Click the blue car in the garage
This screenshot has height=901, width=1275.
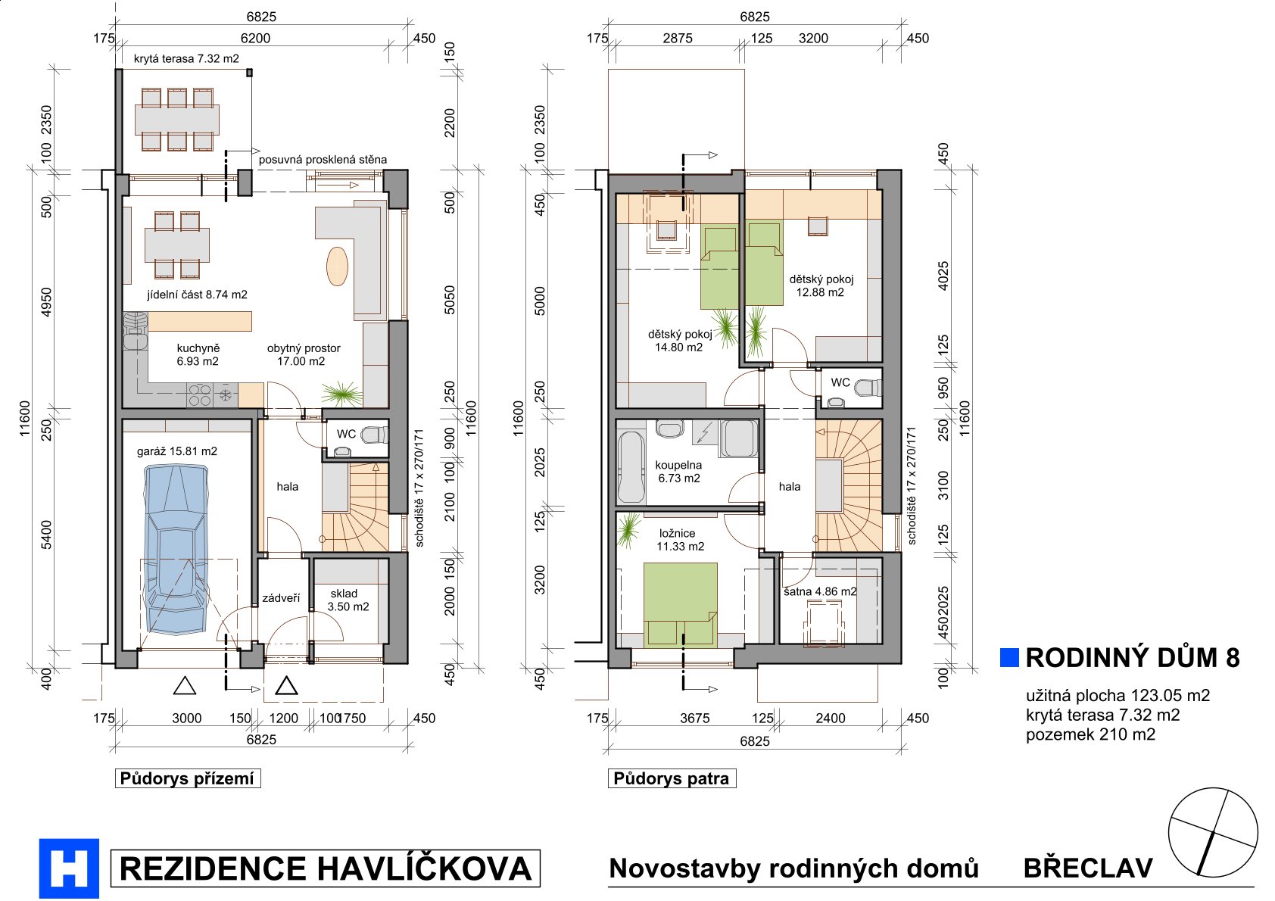(176, 549)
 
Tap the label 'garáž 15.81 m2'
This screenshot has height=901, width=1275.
(177, 451)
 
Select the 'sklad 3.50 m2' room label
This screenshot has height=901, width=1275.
(348, 600)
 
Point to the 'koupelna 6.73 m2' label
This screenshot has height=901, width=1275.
(678, 472)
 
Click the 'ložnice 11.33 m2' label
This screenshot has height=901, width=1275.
(680, 540)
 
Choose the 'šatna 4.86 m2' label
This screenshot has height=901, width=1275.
(820, 591)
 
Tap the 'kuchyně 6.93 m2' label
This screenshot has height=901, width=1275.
(198, 354)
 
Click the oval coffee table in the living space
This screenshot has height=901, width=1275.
(337, 267)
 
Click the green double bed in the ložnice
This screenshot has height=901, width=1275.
(680, 605)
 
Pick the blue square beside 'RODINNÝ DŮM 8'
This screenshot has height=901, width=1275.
(1009, 657)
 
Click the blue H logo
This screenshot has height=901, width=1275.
(69, 868)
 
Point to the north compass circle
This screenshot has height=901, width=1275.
(1213, 833)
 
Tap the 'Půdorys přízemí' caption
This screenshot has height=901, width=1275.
(187, 778)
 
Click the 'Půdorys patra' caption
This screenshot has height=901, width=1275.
(672, 778)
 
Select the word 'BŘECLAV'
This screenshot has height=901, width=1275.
(1088, 868)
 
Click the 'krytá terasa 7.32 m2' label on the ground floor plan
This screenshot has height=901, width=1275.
(186, 58)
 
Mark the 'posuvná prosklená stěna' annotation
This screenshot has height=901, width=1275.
(323, 160)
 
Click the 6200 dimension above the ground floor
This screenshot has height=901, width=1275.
(256, 38)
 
